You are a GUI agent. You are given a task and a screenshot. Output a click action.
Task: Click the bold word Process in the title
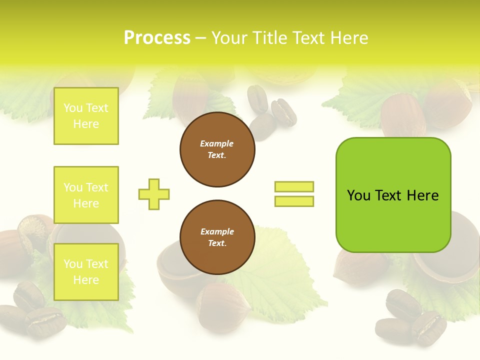[157, 38]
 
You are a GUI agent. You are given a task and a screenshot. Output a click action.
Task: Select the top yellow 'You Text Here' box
[86, 116]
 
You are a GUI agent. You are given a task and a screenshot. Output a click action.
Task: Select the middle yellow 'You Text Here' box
[86, 195]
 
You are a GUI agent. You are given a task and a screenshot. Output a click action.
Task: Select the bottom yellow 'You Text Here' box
[86, 272]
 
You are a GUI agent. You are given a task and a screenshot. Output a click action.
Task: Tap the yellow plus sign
[154, 194]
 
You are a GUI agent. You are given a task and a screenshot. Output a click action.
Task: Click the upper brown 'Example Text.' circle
[217, 149]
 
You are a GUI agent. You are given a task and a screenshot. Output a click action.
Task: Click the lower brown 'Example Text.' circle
[217, 237]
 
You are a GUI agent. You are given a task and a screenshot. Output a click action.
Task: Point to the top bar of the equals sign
[294, 186]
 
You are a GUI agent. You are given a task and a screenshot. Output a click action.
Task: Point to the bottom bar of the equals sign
[294, 201]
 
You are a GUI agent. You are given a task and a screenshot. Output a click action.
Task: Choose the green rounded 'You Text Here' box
[393, 195]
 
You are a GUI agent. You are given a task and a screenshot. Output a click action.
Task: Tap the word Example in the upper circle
[217, 143]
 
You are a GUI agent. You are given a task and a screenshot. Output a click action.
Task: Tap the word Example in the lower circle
[217, 231]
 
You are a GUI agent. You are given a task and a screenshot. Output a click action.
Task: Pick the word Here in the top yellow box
[86, 124]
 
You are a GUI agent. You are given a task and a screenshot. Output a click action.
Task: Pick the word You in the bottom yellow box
[72, 264]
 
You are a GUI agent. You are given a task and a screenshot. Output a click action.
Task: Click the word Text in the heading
[308, 38]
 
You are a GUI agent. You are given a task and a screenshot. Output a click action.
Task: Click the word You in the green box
[358, 195]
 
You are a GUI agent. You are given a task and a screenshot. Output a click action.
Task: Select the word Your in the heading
[229, 38]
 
